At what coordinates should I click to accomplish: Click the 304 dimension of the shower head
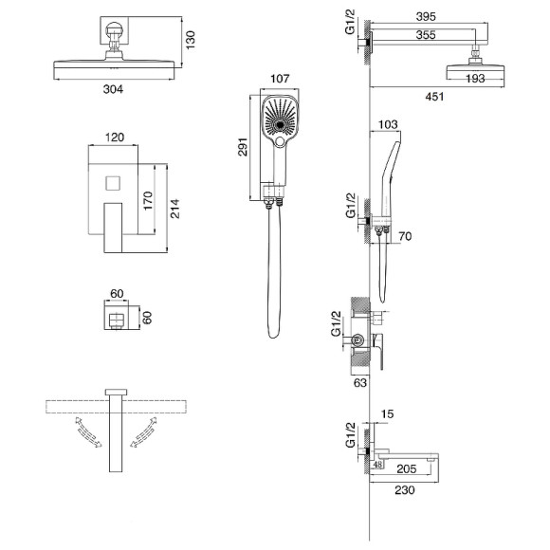(113, 89)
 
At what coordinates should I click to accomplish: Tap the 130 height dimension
(190, 40)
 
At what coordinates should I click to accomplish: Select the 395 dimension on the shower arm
(426, 16)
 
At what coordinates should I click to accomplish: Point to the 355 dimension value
(426, 35)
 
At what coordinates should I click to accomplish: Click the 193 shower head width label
(475, 78)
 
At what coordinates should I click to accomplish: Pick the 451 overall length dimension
(434, 96)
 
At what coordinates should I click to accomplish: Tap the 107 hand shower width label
(280, 79)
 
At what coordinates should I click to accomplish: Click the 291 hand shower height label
(243, 147)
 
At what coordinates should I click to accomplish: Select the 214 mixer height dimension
(174, 209)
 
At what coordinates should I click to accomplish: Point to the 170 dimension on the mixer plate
(148, 201)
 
